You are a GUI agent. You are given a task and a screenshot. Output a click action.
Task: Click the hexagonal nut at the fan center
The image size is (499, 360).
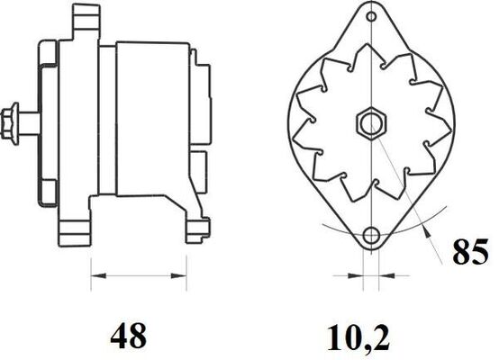(368, 121)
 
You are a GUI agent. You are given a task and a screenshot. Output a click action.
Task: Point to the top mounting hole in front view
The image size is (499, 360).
(369, 14)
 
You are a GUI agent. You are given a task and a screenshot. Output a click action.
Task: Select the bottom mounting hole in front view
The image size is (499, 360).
(370, 237)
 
